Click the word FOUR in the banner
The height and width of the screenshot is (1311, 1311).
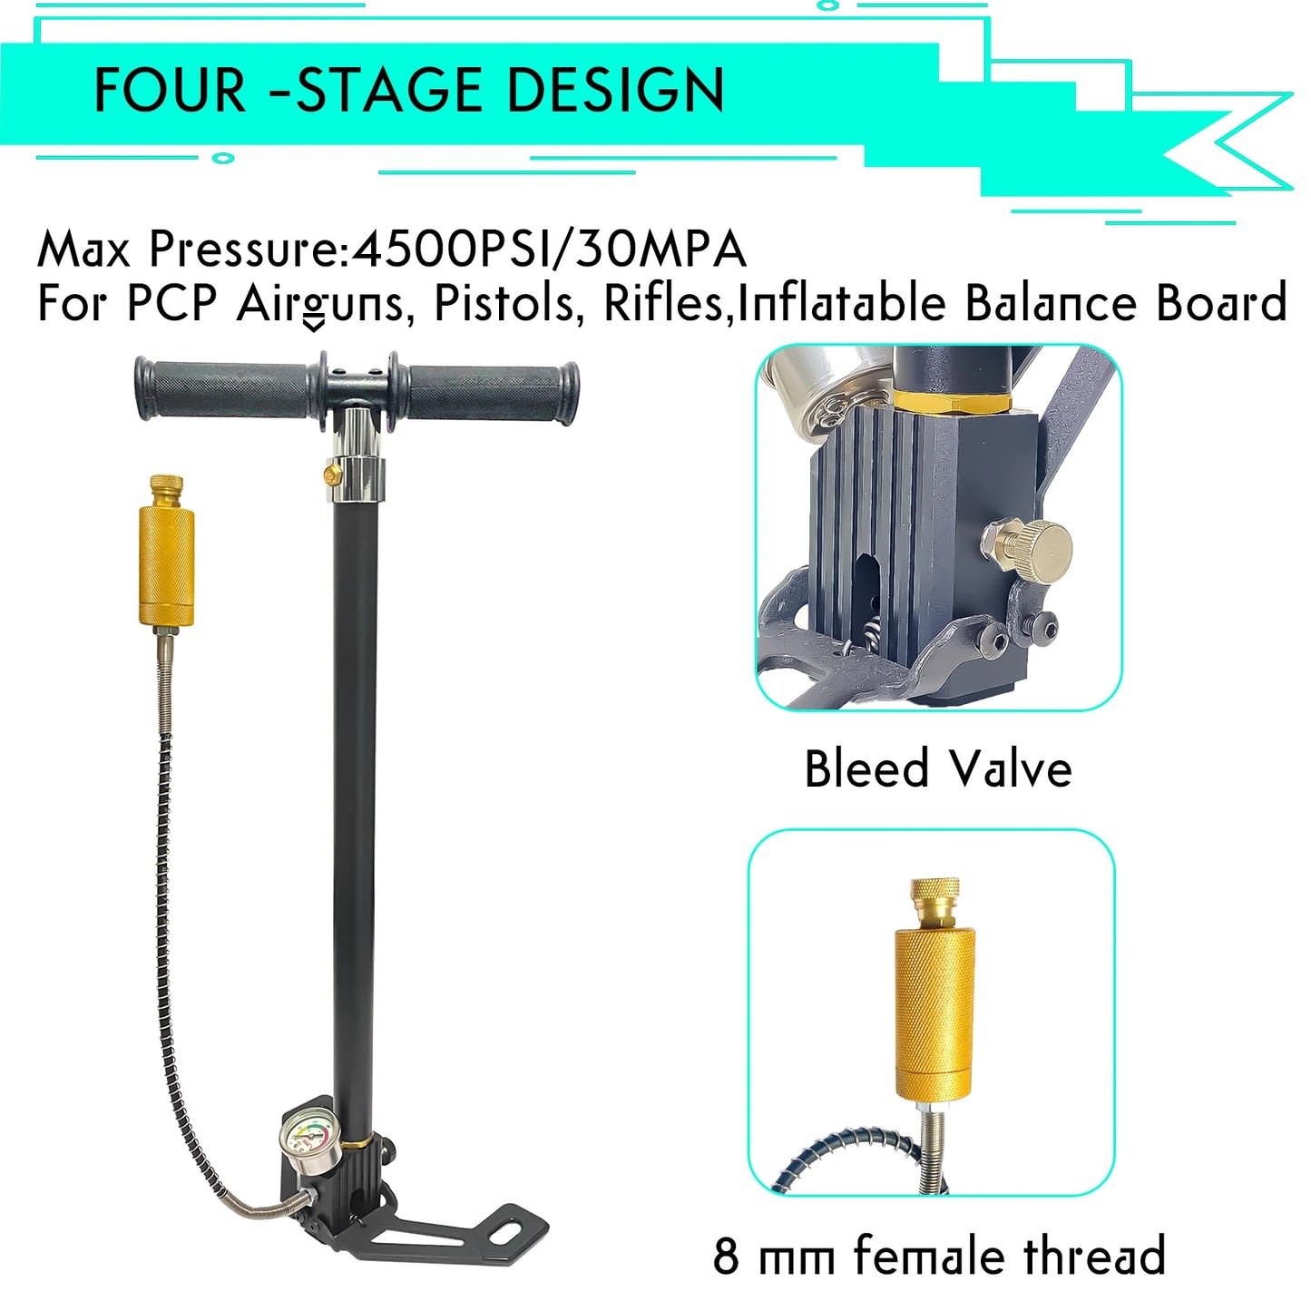tap(170, 90)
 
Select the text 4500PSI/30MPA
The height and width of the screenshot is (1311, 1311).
tap(549, 249)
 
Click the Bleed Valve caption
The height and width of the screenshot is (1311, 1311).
tap(938, 768)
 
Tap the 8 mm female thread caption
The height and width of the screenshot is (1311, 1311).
tap(939, 1256)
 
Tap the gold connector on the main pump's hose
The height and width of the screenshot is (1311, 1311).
tap(166, 563)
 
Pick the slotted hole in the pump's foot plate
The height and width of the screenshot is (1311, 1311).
tap(511, 1231)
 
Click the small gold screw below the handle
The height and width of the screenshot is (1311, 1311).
tap(331, 473)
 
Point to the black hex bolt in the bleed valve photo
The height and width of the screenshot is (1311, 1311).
tap(998, 642)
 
